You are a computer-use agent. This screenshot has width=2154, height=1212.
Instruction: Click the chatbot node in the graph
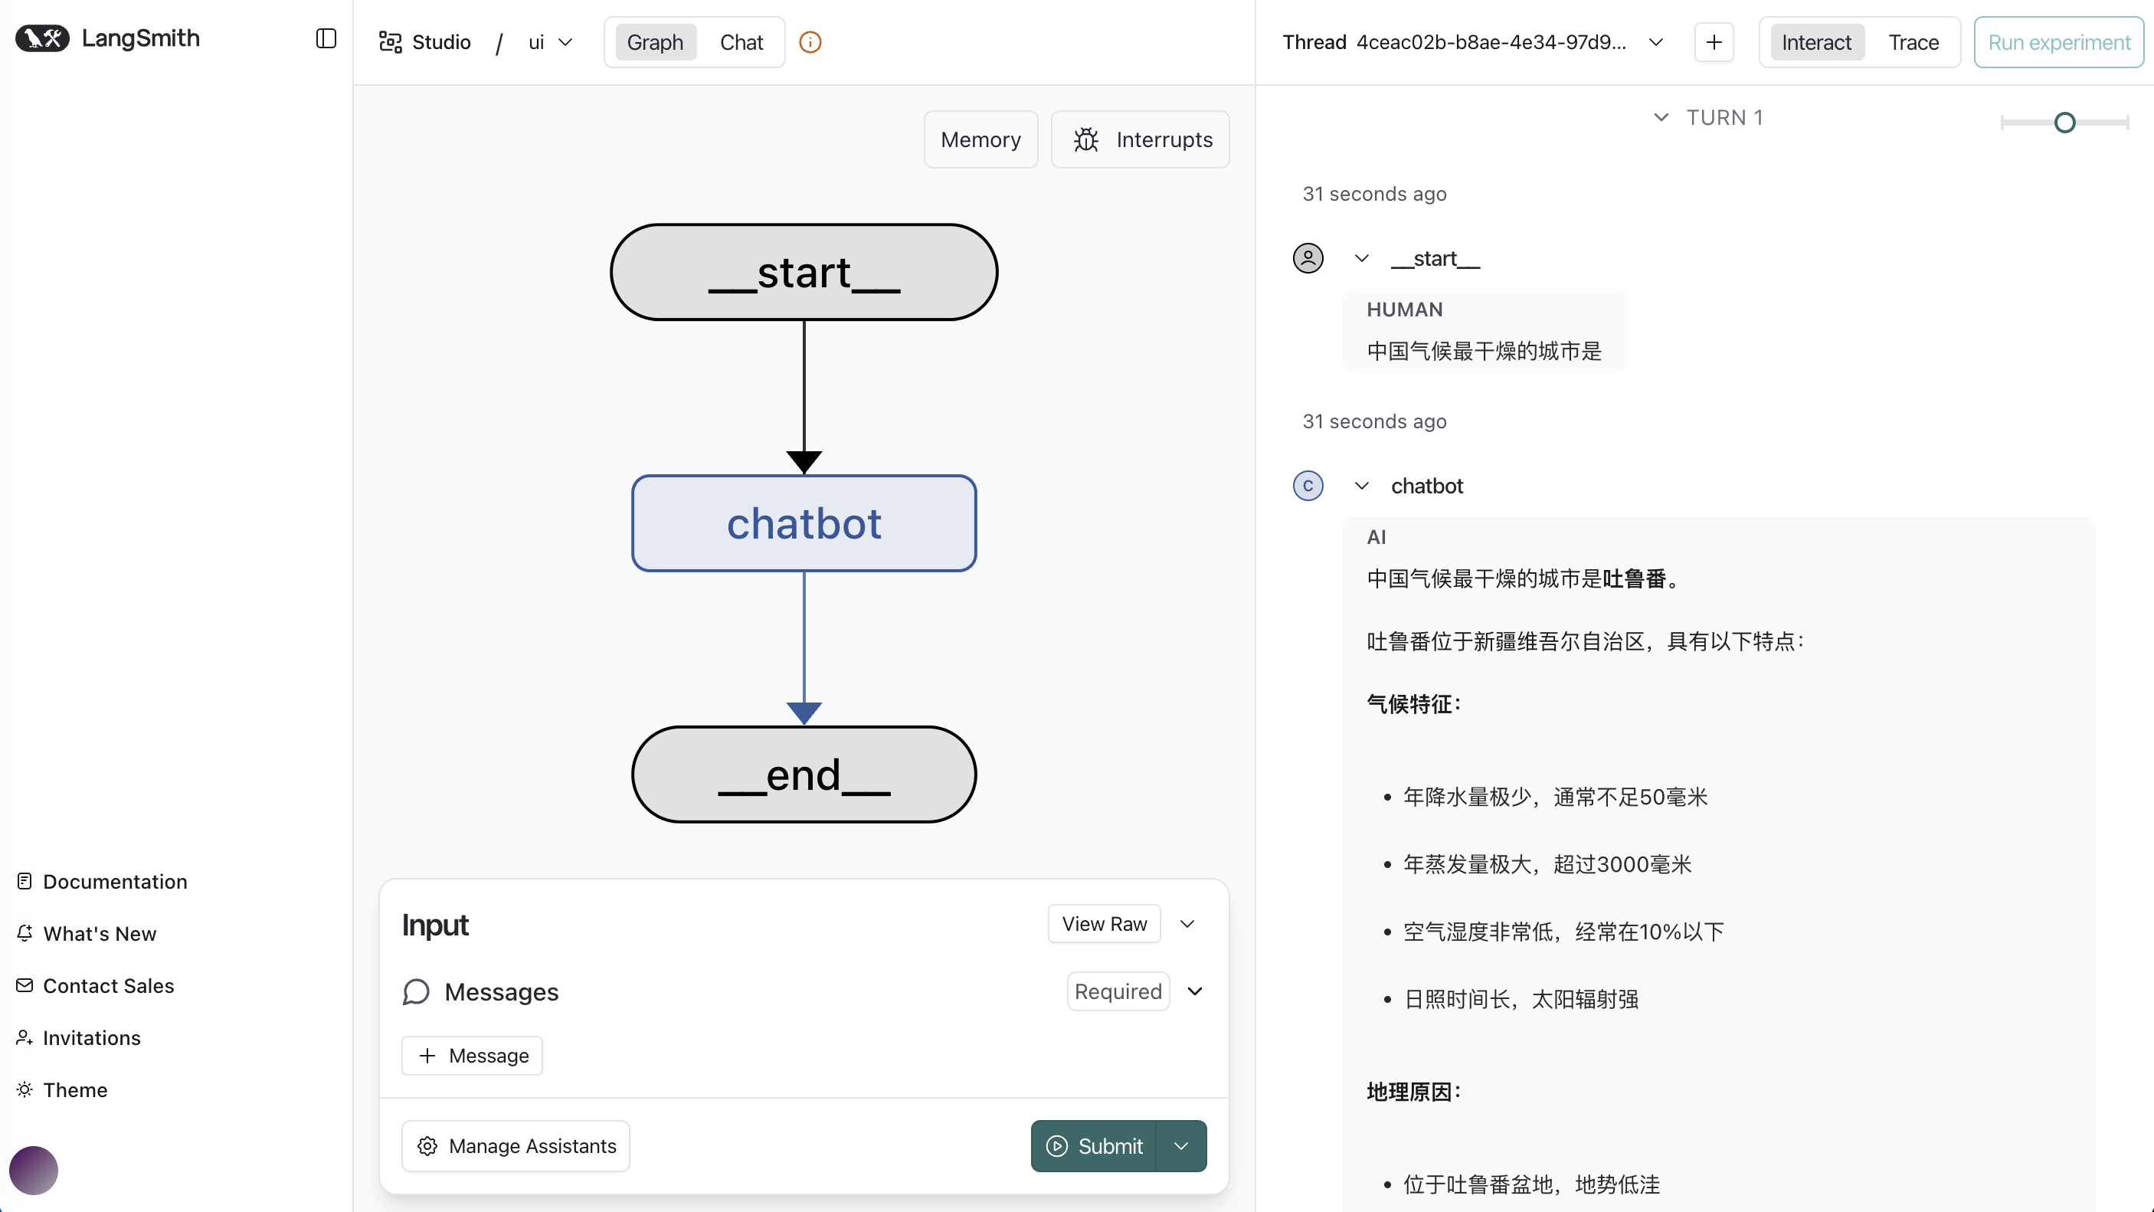[x=804, y=523]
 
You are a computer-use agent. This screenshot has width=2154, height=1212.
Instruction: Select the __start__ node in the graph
[x=804, y=272]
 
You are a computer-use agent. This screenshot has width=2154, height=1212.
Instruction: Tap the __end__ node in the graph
[x=804, y=775]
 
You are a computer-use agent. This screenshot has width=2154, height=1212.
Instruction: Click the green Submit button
[x=1094, y=1146]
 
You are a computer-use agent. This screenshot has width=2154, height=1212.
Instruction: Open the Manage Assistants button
[x=516, y=1146]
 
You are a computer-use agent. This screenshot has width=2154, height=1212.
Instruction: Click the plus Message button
[x=473, y=1056]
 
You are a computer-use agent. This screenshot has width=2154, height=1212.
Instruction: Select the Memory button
[x=980, y=139]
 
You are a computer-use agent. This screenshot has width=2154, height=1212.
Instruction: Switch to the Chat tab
[x=741, y=43]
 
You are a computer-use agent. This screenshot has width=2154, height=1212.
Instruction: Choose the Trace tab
[x=1913, y=43]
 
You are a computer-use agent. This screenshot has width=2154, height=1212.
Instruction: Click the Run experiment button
[x=2059, y=43]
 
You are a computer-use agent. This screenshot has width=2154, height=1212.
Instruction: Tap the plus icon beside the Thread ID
[x=1714, y=43]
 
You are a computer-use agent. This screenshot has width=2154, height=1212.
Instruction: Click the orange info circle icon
[x=810, y=43]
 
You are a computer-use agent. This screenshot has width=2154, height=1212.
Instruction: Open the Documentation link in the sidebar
[x=115, y=882]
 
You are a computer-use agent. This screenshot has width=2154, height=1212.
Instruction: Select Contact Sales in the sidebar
[x=108, y=986]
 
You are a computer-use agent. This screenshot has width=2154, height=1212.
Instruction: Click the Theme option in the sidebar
[x=74, y=1090]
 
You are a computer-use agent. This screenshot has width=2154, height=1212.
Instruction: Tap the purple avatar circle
[x=34, y=1170]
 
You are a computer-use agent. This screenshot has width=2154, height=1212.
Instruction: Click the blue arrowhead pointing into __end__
[x=804, y=712]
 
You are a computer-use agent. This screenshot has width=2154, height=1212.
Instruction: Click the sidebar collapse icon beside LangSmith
[x=326, y=38]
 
